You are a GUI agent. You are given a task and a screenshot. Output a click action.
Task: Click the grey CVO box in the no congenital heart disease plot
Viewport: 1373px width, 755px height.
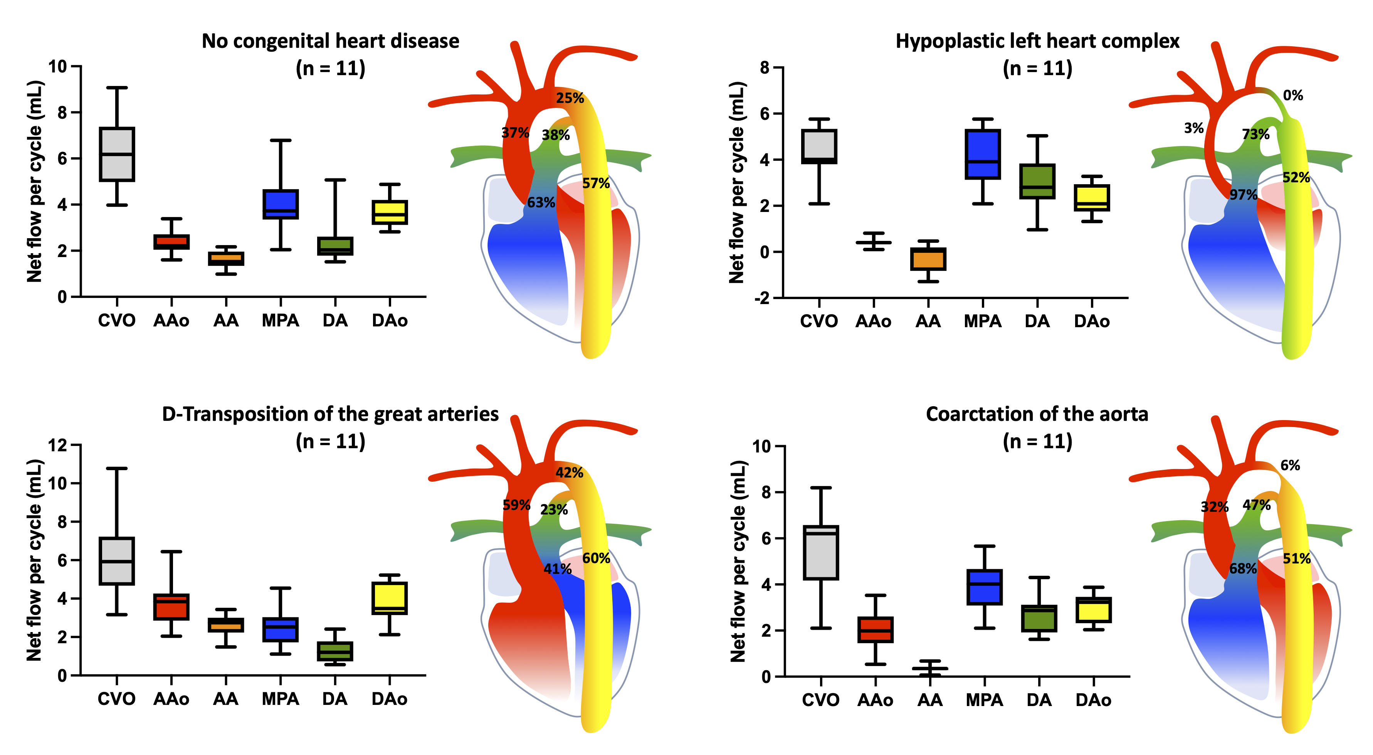pyautogui.click(x=117, y=155)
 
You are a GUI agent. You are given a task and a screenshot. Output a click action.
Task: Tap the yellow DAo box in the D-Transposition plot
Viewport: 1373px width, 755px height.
pyautogui.click(x=390, y=598)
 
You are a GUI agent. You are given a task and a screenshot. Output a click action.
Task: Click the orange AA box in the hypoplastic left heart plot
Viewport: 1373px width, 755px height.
pyautogui.click(x=928, y=259)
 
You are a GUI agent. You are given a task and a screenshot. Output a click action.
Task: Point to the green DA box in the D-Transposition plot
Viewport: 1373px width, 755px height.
pyautogui.click(x=335, y=651)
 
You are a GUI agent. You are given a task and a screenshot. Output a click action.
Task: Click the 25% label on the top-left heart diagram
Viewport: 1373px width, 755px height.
pyautogui.click(x=570, y=98)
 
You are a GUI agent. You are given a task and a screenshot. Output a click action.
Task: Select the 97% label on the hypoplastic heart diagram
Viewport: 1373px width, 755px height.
pyautogui.click(x=1244, y=195)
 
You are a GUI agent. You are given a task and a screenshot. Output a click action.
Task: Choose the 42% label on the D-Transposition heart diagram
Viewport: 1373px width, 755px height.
pyautogui.click(x=569, y=473)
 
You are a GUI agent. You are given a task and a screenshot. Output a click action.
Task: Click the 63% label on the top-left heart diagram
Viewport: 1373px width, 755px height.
pyautogui.click(x=541, y=203)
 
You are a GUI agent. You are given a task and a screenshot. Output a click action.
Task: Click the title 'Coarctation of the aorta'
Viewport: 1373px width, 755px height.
pyautogui.click(x=1037, y=414)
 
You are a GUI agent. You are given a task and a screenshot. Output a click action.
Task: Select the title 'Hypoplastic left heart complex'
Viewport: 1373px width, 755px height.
pyautogui.click(x=1037, y=41)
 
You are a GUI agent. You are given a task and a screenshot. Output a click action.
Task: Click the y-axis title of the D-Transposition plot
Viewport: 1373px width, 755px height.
pyautogui.click(x=34, y=560)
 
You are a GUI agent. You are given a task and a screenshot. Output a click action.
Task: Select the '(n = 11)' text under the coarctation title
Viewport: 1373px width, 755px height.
pyautogui.click(x=1037, y=442)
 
